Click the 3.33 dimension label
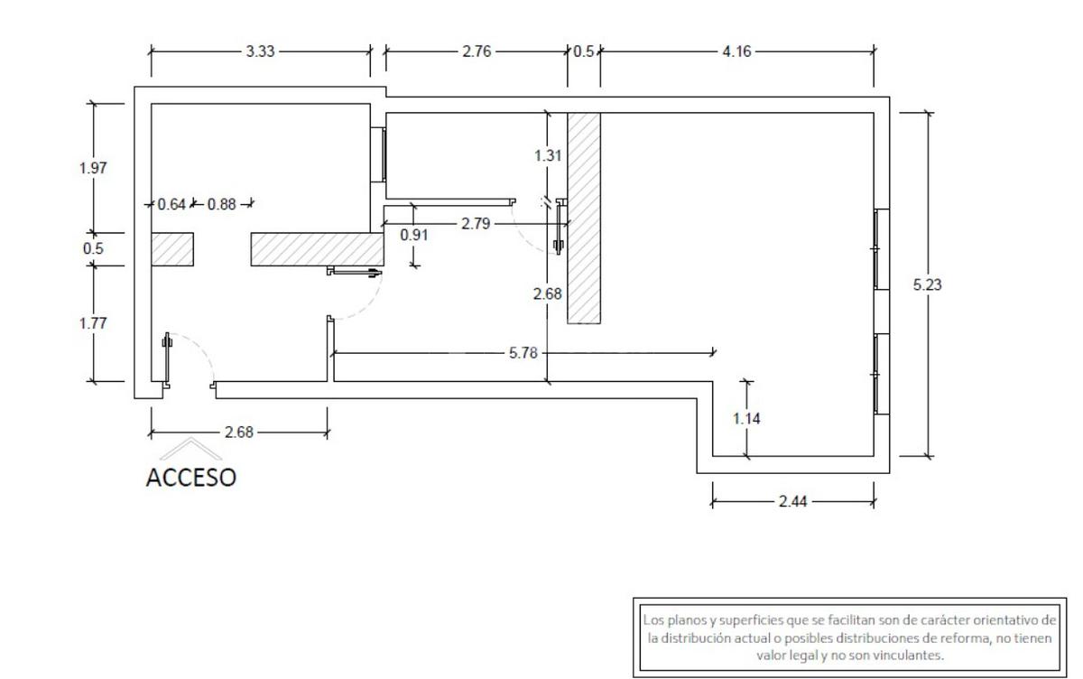(x=260, y=51)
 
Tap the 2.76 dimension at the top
(x=477, y=51)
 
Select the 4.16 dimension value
(x=736, y=51)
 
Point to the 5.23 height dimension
(x=928, y=284)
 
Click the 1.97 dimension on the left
(x=94, y=167)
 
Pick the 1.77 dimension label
(x=94, y=323)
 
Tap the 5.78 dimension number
(x=523, y=352)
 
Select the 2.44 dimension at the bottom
(x=792, y=501)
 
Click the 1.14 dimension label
(x=746, y=418)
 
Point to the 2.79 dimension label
(x=476, y=223)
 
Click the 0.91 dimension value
(x=414, y=235)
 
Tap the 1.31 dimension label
(x=548, y=155)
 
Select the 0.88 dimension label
(x=221, y=204)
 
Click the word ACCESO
(x=190, y=478)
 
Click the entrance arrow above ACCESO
(x=190, y=449)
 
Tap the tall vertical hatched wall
(x=584, y=217)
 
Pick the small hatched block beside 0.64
(x=171, y=249)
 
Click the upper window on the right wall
(x=882, y=248)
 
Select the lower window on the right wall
(x=882, y=374)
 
